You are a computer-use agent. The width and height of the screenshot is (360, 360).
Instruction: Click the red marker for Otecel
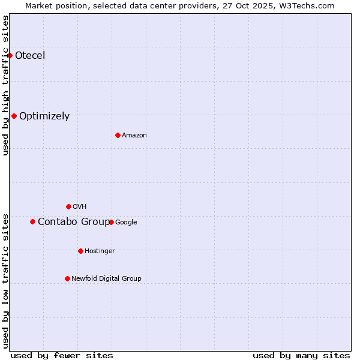tap(10, 55)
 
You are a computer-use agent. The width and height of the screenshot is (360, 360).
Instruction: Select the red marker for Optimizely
tap(14, 116)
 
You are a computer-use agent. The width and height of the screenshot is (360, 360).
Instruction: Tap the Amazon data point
tap(118, 135)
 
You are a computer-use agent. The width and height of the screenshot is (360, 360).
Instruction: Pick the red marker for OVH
tap(68, 206)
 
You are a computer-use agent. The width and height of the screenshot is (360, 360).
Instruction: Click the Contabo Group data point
tap(32, 221)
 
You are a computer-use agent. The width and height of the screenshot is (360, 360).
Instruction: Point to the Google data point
tap(111, 222)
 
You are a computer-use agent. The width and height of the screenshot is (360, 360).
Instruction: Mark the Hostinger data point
tap(80, 251)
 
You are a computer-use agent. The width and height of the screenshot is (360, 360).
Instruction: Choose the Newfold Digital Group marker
tap(67, 278)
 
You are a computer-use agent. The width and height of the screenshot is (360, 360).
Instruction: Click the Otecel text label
tap(30, 56)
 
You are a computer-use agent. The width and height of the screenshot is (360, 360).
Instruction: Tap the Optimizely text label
tap(44, 116)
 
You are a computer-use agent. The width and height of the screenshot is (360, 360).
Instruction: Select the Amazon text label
tap(134, 136)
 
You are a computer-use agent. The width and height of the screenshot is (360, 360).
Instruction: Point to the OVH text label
tap(80, 207)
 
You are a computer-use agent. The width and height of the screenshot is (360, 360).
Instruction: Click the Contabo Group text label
tap(74, 222)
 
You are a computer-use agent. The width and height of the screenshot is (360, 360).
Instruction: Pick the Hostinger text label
tap(100, 251)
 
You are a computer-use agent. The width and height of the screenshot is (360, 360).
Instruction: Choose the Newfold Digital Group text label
tap(106, 279)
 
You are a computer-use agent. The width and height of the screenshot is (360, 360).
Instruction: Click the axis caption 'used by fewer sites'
tap(62, 355)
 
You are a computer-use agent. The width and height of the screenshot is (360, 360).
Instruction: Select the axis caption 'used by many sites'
tap(301, 355)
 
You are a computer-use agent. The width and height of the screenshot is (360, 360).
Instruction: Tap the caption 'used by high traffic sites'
tap(6, 85)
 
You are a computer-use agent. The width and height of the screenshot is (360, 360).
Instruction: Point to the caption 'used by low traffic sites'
tap(6, 281)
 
